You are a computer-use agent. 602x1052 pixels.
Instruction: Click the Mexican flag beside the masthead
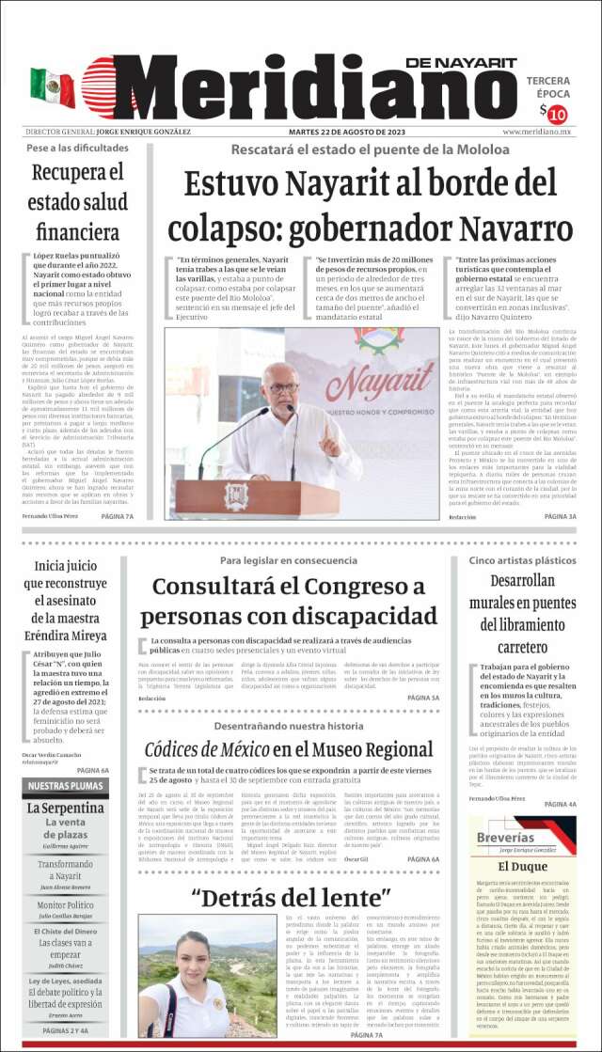52,86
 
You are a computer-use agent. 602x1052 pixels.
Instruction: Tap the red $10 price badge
556,115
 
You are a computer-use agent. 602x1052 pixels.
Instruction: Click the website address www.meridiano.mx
538,133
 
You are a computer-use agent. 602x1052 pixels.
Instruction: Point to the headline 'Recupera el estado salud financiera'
77,202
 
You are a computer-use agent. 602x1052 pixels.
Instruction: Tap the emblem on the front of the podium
236,495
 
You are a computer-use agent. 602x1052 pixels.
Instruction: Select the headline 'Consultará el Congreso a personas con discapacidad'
289,602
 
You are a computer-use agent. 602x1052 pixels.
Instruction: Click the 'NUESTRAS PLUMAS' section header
65,786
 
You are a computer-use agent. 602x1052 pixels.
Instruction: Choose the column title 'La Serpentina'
65,808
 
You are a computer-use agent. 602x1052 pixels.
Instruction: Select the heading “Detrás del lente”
290,897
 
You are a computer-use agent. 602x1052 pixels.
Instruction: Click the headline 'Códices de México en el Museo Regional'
289,749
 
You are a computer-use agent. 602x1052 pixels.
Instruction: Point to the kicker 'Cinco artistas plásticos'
522,560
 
